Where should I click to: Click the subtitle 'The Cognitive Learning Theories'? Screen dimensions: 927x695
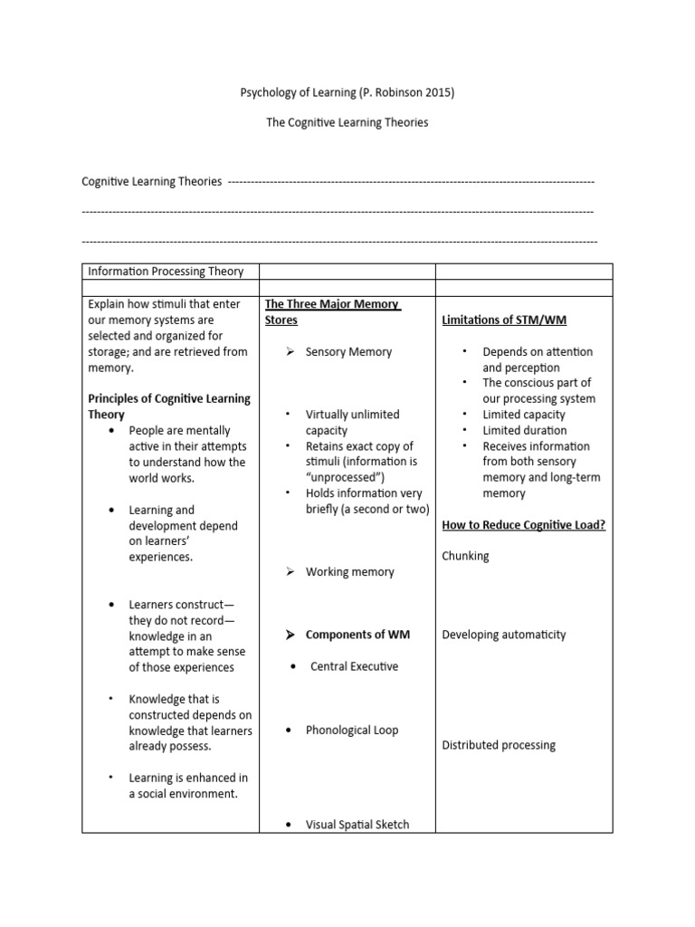point(347,123)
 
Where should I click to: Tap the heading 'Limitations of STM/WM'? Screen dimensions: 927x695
point(504,320)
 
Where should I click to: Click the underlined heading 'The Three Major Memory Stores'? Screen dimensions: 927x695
point(332,312)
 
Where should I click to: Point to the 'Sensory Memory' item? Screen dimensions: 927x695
point(348,351)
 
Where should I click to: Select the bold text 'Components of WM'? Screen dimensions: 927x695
point(357,635)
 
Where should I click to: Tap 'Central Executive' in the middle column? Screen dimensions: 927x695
point(354,666)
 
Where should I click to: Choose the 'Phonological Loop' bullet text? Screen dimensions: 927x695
point(351,730)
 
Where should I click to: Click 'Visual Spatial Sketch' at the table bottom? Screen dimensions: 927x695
point(357,824)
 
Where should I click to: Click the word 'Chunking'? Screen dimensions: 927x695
point(465,556)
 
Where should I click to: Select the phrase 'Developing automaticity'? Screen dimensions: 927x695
point(504,635)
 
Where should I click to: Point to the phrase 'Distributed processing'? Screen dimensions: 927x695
point(499,745)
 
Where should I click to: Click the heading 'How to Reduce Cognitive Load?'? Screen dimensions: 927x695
point(523,524)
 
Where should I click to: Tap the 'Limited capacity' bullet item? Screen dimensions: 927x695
point(524,415)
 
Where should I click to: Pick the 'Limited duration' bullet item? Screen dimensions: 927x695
point(525,430)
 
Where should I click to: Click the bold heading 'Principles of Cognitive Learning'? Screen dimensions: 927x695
point(169,399)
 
